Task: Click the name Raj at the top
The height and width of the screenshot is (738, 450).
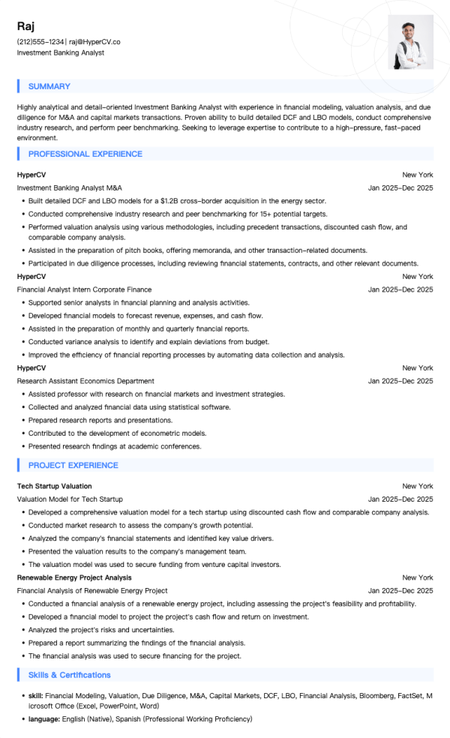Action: point(25,27)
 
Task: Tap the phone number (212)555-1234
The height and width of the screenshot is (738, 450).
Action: point(40,42)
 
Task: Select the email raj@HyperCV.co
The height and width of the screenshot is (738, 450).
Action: point(94,42)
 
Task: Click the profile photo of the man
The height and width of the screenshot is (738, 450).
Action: point(410,42)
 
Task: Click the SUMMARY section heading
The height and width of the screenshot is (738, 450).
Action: point(49,86)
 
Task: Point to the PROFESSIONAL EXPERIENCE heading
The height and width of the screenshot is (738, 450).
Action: point(85,154)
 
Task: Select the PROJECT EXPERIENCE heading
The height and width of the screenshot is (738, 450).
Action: point(73,465)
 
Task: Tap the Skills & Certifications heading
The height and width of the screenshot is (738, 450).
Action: point(69,675)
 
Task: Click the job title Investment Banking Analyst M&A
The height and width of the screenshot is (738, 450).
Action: point(69,187)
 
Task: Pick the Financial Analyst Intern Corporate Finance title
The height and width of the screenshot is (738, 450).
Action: point(84,289)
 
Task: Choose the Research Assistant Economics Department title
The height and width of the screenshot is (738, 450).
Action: point(85,381)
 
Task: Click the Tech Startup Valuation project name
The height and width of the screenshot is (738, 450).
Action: point(54,486)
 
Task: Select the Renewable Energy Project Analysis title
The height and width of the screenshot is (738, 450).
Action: point(74,577)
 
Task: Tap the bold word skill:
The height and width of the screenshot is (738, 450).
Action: point(35,696)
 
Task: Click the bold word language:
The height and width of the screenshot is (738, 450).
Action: point(44,718)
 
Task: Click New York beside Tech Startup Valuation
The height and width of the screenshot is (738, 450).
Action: point(417,486)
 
